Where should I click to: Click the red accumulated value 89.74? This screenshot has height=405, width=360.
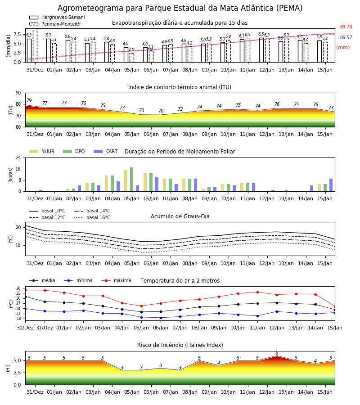(346, 27)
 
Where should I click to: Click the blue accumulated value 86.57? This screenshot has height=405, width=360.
(346, 37)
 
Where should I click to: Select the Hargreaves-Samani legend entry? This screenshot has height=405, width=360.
(57, 17)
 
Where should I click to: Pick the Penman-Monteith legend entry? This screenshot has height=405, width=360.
(55, 24)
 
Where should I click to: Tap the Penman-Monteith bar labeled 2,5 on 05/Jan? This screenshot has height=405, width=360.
(132, 58)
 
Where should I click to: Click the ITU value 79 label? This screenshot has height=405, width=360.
(29, 100)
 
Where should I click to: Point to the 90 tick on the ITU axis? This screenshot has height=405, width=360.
(18, 93)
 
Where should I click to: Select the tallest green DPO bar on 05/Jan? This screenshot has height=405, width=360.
(132, 180)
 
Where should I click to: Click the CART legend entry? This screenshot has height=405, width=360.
(106, 151)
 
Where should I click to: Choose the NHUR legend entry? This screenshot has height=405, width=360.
(42, 151)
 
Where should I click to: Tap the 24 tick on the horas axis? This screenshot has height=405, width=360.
(18, 157)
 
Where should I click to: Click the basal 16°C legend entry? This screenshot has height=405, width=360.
(92, 217)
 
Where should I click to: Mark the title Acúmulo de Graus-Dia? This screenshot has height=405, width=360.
(180, 216)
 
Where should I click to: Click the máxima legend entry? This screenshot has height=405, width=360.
(116, 280)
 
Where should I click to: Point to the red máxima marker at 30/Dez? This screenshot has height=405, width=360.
(25, 290)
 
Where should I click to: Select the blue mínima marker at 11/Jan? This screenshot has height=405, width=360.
(257, 316)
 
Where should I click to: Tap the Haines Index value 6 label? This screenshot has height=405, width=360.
(277, 353)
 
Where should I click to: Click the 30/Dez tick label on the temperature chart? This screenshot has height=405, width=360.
(25, 328)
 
